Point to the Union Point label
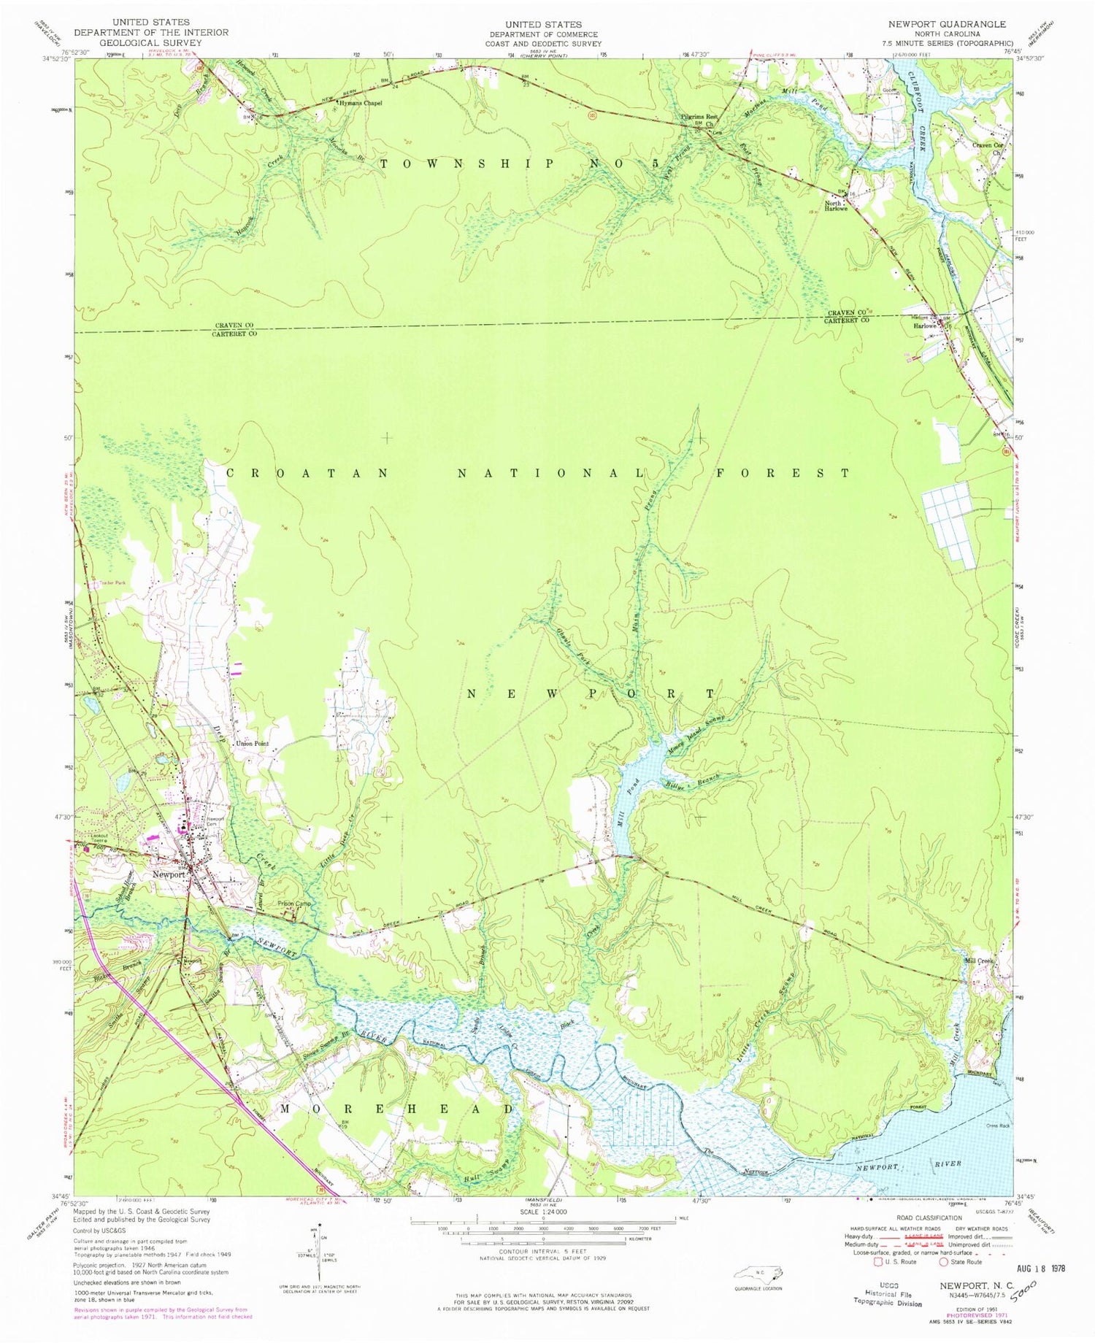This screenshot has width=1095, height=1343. tap(252, 744)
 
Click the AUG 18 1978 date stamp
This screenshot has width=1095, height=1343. tap(1037, 1268)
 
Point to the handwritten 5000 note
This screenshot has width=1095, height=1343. tap(1036, 1284)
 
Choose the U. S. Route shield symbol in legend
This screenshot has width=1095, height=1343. tap(878, 1261)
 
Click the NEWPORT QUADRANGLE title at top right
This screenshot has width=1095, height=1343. tap(947, 24)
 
